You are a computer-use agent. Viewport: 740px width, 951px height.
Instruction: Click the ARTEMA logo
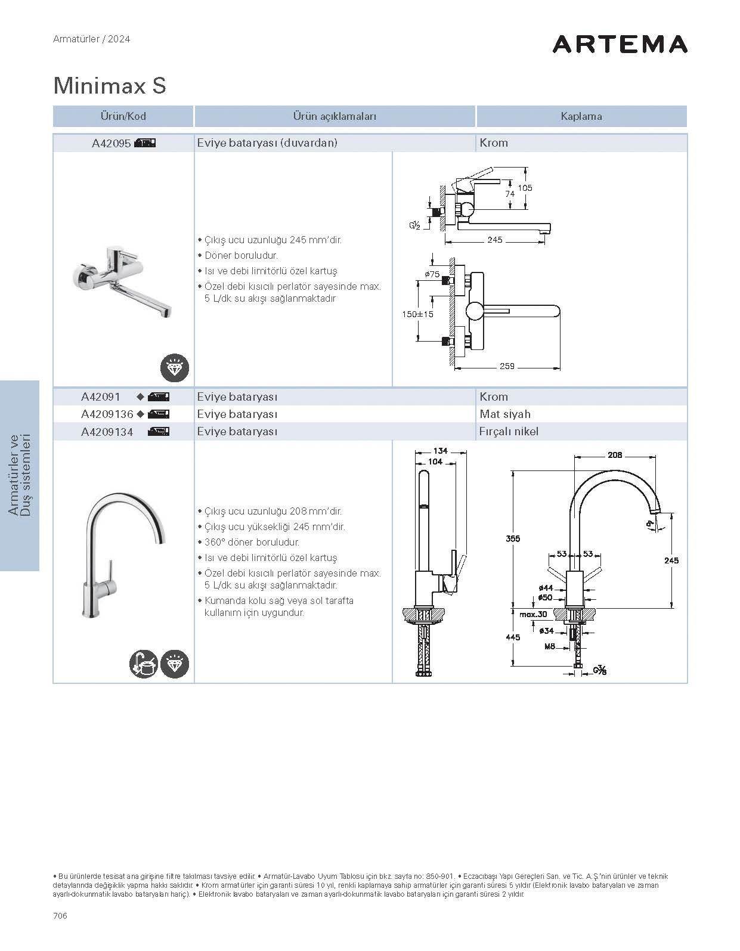pos(620,44)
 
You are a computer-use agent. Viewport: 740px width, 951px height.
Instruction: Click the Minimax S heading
pos(110,85)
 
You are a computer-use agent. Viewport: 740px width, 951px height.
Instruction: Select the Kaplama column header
pos(581,116)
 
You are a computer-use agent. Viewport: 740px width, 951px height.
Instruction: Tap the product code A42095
pos(111,143)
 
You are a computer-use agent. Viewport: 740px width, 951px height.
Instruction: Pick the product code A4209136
pos(107,414)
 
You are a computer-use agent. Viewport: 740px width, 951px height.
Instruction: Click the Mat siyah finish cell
pos(504,414)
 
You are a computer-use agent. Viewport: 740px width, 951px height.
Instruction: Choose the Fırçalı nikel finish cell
pos(509,431)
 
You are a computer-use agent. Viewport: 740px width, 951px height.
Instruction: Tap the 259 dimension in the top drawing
pos(507,366)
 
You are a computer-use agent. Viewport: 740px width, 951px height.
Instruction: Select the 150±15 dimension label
pos(417,314)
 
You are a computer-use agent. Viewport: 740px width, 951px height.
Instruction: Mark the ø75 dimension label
pos(432,274)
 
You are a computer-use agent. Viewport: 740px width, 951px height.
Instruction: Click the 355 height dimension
pos(513,538)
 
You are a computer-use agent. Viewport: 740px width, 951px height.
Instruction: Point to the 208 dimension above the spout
pos(615,455)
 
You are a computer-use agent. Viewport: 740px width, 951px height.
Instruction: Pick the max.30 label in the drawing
pos(532,614)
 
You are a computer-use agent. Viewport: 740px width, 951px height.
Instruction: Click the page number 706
pos(60,916)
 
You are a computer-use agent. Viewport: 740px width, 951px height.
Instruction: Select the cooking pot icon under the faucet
pos(144,664)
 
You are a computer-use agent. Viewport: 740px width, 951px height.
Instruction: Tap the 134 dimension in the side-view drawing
pos(440,451)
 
